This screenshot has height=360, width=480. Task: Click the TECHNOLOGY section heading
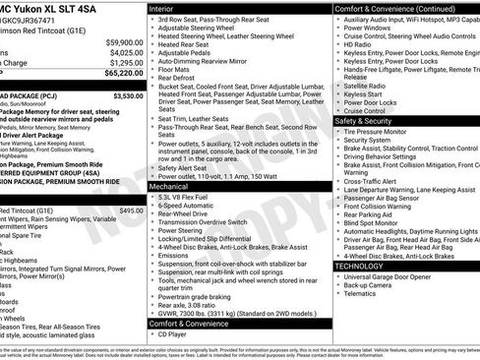coord(358,266)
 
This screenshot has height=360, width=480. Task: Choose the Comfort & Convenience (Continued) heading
coord(393,7)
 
